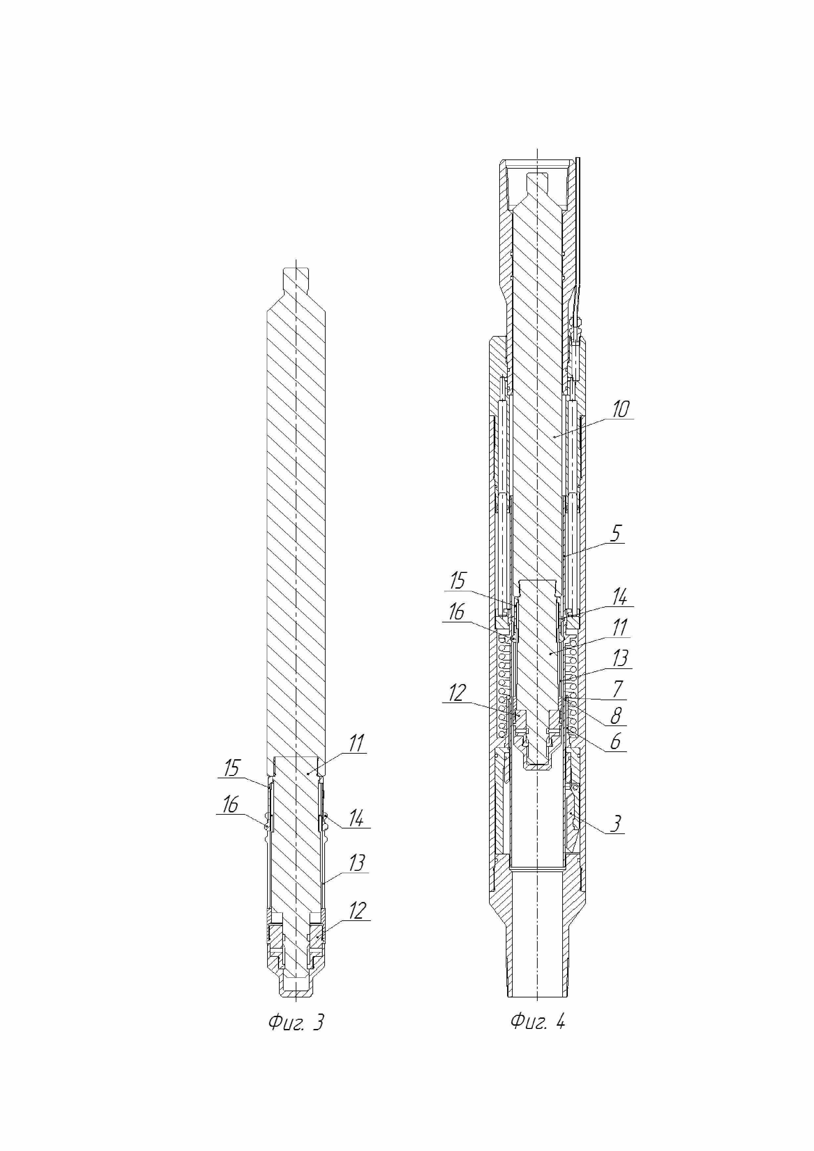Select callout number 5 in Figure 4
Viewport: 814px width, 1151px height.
[616, 534]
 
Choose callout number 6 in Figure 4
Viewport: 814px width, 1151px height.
[615, 742]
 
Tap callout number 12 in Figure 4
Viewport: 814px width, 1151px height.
[457, 693]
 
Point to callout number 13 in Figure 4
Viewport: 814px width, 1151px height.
[620, 658]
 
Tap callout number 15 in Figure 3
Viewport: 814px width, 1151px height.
[232, 768]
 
